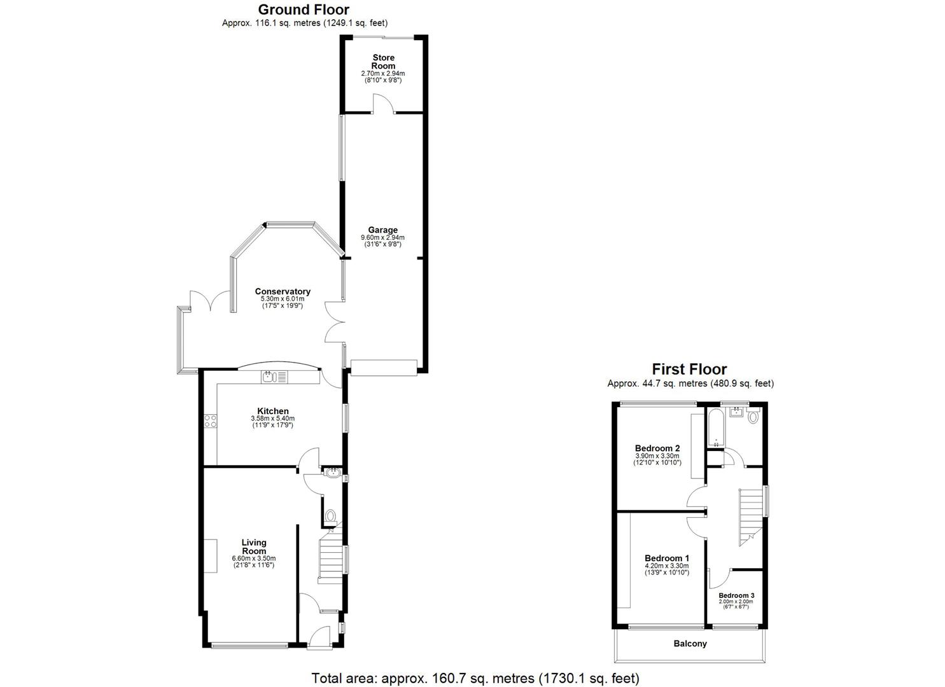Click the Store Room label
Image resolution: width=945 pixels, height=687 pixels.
click(383, 62)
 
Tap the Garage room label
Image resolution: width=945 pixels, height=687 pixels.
click(382, 230)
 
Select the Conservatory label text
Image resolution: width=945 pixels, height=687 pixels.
click(283, 292)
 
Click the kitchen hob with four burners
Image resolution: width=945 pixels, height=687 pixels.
click(211, 420)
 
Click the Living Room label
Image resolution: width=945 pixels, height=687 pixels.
click(254, 546)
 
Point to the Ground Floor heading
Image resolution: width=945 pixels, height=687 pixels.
click(304, 10)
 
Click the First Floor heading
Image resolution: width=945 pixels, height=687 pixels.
click(689, 369)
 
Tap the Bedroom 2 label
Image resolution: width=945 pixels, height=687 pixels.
click(657, 448)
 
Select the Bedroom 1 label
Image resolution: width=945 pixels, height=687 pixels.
click(666, 558)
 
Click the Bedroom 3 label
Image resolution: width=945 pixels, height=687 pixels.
click(736, 595)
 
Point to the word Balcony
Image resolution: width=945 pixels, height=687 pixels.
click(690, 644)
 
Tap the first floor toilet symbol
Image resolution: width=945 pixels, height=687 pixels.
click(754, 417)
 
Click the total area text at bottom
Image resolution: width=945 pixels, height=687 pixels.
click(475, 678)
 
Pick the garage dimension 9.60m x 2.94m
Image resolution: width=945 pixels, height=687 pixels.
click(382, 238)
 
